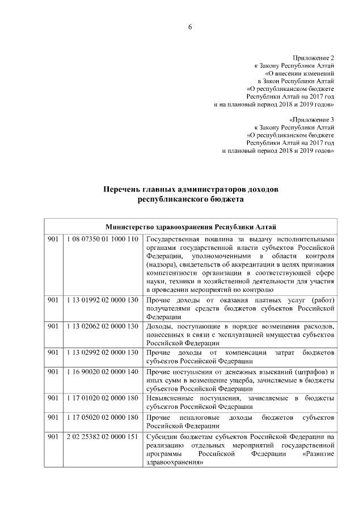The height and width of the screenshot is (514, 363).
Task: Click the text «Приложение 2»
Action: [x=314, y=58]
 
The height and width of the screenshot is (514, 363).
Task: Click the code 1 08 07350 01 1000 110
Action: [x=101, y=239]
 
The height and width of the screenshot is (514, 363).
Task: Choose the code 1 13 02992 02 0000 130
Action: [x=101, y=353]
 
